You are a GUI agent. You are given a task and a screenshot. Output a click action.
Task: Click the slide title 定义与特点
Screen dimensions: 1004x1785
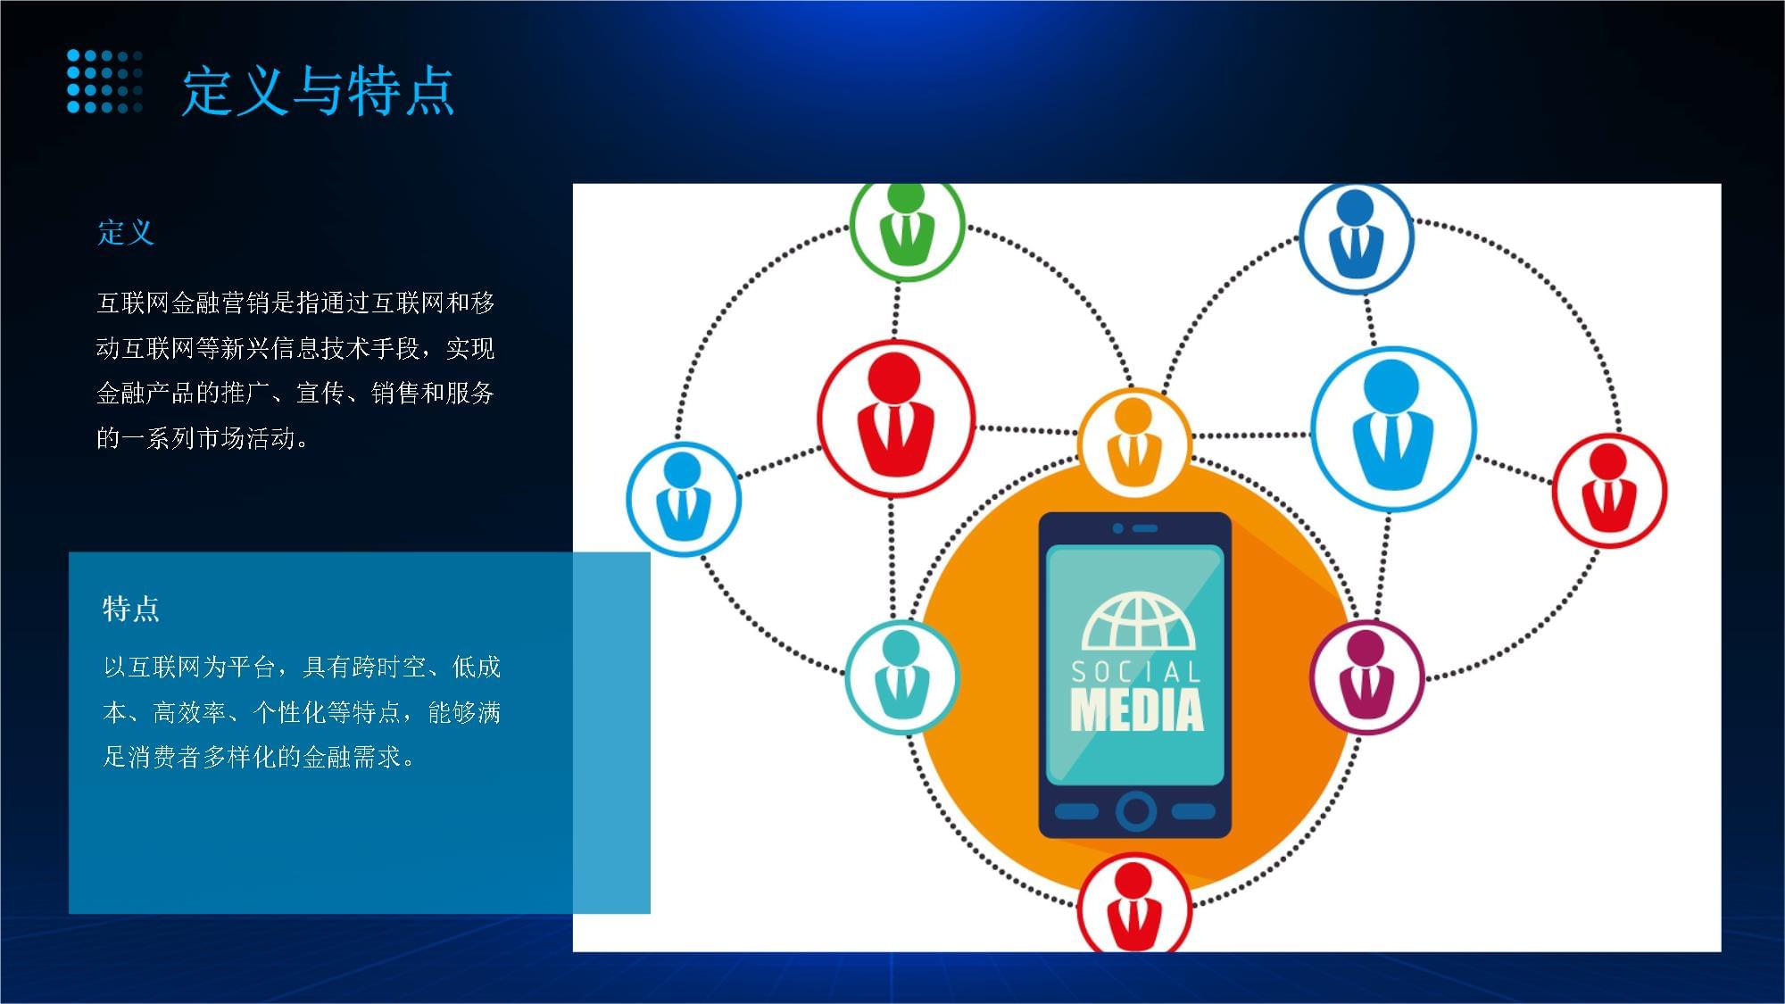318,90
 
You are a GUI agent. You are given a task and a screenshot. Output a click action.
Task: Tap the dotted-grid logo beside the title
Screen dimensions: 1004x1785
104,81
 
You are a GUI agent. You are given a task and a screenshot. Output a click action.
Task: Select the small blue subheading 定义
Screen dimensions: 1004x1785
126,232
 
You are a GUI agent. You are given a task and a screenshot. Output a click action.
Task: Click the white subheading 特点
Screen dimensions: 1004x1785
131,609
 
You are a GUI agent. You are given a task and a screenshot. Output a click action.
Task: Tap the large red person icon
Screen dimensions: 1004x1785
895,418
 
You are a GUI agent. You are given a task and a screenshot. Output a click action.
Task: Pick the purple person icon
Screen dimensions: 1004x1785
1366,676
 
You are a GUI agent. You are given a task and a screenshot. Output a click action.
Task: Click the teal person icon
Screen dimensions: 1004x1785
901,676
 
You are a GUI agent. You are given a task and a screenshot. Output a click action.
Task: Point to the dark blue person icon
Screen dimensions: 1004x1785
1356,237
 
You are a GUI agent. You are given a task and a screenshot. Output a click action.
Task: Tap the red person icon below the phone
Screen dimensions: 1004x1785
1134,906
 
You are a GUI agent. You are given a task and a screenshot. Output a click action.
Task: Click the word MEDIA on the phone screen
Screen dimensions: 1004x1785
1136,710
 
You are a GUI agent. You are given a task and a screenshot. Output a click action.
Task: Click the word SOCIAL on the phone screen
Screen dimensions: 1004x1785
1136,671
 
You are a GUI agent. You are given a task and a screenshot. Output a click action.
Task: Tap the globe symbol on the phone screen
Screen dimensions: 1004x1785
1138,622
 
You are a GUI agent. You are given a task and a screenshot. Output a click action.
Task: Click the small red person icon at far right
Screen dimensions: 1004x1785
1609,490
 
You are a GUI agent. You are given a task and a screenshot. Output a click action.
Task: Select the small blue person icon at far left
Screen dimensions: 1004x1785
684,498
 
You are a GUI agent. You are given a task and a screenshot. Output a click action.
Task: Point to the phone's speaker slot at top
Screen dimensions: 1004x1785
1144,528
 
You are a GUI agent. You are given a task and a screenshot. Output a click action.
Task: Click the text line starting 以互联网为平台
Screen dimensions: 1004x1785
302,667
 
